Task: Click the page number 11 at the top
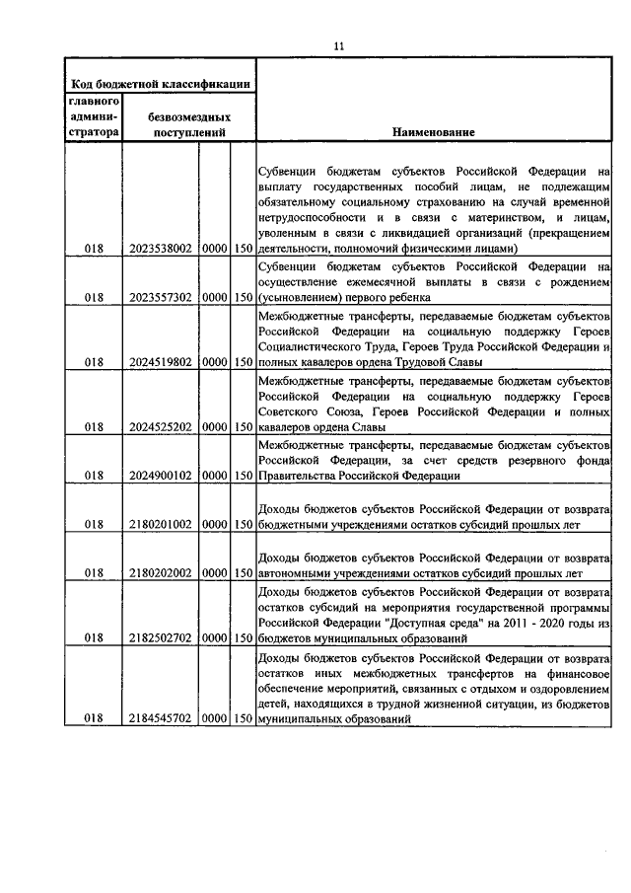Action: tap(338, 45)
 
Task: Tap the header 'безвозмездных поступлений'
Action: tap(187, 123)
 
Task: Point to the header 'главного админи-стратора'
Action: tap(94, 115)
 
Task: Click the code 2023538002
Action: tap(160, 250)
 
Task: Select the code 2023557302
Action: tap(160, 297)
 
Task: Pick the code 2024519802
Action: tap(160, 362)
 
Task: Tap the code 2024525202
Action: tap(160, 427)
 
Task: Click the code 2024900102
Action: tap(160, 476)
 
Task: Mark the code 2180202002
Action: tap(160, 572)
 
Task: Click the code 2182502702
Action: tap(160, 638)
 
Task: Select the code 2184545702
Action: tap(160, 721)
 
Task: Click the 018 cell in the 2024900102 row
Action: tap(94, 476)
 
